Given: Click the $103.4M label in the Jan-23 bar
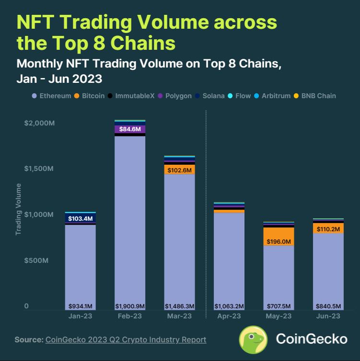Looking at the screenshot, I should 80,218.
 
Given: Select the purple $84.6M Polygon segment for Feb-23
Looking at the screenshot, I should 129,128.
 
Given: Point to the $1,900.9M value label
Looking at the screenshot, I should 129,306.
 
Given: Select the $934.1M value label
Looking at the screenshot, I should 80,306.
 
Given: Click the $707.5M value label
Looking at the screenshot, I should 279,306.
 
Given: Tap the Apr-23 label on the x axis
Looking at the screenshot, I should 229,316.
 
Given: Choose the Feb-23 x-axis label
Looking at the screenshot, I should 129,316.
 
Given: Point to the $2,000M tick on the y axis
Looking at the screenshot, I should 40,123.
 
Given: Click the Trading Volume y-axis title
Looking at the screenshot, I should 18,209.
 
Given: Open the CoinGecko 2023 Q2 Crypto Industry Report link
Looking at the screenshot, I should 126,339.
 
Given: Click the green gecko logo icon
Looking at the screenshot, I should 253,339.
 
